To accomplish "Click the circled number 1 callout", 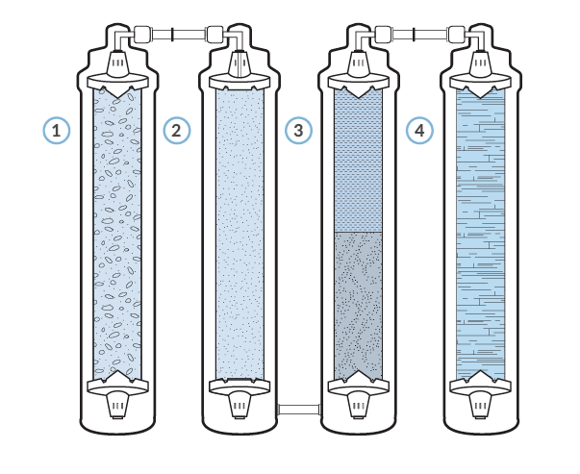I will tap(58, 130).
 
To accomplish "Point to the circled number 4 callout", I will tap(417, 130).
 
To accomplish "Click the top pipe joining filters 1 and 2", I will tap(178, 35).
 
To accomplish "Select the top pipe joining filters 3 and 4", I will tap(419, 35).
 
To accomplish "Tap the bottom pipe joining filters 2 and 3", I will tap(298, 411).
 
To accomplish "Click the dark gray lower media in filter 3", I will tap(358, 303).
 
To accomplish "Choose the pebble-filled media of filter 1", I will tap(117, 231).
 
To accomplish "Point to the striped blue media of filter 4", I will tap(480, 231).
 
